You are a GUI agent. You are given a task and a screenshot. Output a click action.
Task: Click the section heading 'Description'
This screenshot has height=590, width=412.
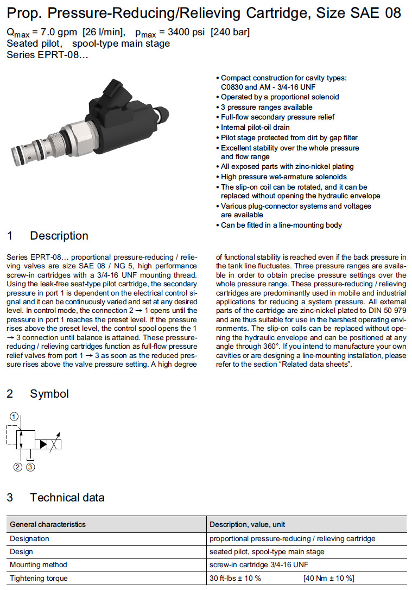click(x=59, y=236)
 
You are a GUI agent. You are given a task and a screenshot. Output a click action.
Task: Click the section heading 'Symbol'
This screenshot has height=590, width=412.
click(x=49, y=394)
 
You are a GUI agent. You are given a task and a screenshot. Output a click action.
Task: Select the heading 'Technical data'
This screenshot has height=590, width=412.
click(x=67, y=497)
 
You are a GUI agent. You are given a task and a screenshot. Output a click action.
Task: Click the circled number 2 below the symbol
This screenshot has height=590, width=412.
click(x=18, y=467)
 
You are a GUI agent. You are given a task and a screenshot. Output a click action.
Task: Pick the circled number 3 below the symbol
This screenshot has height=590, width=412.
click(x=31, y=467)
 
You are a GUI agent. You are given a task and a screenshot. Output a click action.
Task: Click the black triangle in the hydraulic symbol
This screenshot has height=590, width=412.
click(x=42, y=444)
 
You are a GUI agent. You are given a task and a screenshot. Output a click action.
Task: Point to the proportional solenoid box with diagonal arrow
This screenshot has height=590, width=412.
click(x=54, y=444)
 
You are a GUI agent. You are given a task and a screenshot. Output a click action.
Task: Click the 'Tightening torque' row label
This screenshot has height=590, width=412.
click(x=39, y=578)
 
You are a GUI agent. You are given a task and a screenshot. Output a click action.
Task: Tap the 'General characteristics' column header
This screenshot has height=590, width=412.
click(x=48, y=524)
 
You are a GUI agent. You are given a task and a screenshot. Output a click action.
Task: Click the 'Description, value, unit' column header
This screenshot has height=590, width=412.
click(x=247, y=524)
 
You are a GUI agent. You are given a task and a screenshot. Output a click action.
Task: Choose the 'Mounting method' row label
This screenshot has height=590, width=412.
click(x=37, y=565)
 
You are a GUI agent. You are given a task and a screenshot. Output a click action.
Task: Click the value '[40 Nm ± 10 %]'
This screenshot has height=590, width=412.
click(x=329, y=578)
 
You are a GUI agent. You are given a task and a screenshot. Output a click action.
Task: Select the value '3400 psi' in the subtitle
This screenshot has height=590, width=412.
click(x=179, y=33)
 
